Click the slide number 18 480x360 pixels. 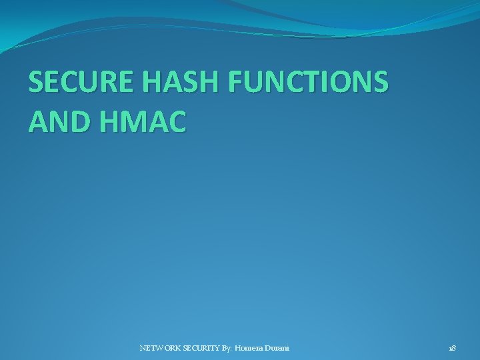451,348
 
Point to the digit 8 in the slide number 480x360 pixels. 453,348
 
